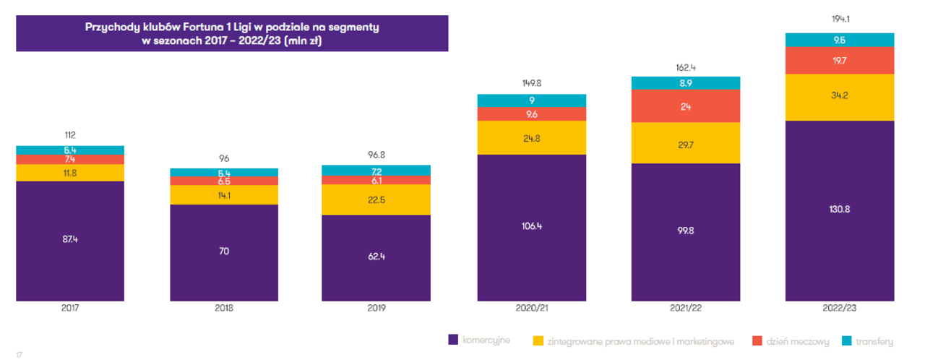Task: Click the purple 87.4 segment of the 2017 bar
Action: [x=70, y=240]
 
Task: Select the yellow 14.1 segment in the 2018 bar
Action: [x=224, y=194]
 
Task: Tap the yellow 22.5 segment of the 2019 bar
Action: [x=376, y=200]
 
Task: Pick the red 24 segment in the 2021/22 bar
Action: [x=685, y=106]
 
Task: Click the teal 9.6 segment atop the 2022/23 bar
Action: [x=840, y=40]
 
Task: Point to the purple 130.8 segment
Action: [x=840, y=210]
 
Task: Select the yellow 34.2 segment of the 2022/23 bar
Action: [x=840, y=95]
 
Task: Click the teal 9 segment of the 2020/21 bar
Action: [x=531, y=100]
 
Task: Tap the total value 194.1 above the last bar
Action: [x=840, y=20]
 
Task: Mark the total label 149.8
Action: [x=531, y=82]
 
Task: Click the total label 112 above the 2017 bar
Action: [x=70, y=134]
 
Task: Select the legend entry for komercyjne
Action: [x=484, y=340]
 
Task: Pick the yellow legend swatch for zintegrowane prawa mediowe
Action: [x=538, y=340]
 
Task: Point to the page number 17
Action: [x=20, y=353]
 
